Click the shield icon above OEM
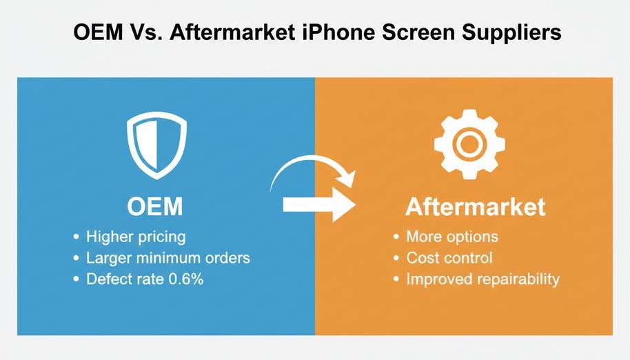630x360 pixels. (156, 145)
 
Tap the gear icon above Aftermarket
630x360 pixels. (469, 144)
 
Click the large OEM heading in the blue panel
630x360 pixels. (154, 206)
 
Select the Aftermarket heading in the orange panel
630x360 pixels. (476, 206)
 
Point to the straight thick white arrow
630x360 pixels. (319, 204)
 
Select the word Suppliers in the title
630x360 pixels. (511, 33)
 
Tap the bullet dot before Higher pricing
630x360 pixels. (77, 237)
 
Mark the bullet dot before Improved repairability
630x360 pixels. (396, 279)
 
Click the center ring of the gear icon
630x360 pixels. (469, 144)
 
